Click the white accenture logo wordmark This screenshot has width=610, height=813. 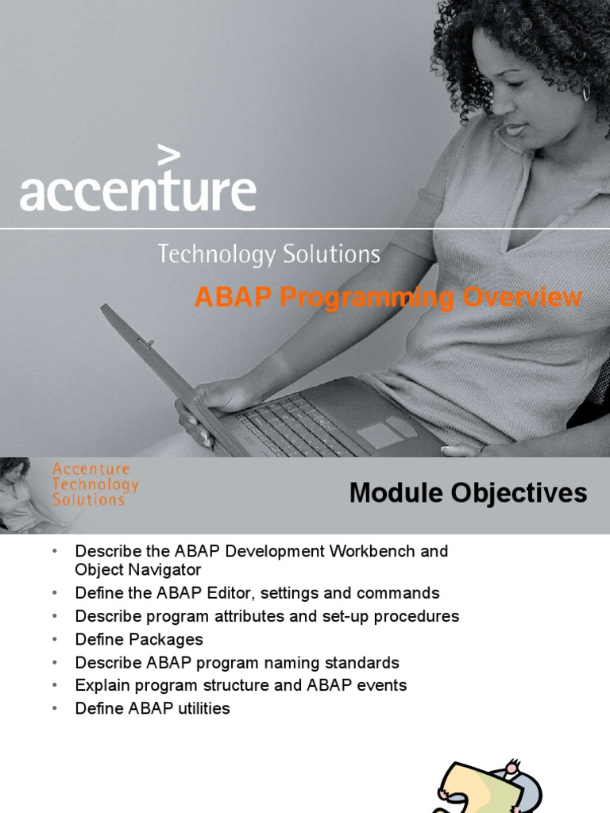tap(137, 191)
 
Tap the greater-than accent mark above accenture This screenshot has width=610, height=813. tap(168, 156)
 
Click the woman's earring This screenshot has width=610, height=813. tap(586, 93)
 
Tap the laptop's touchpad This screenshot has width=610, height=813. tap(380, 433)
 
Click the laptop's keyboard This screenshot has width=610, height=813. tap(294, 425)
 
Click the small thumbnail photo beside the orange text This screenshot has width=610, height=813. tap(22, 494)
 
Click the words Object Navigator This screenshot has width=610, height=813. tap(138, 570)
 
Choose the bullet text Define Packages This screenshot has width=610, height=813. tap(139, 639)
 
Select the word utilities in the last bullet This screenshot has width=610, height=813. tap(199, 708)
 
